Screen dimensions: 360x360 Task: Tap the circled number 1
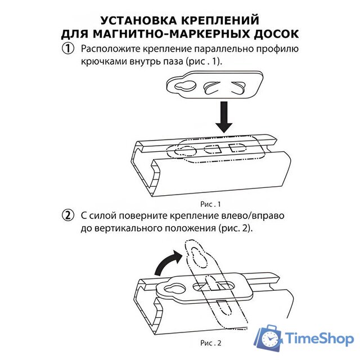coord(69,49)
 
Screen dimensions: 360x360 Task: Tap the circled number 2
coord(69,215)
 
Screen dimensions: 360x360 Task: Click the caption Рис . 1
coord(210,204)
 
